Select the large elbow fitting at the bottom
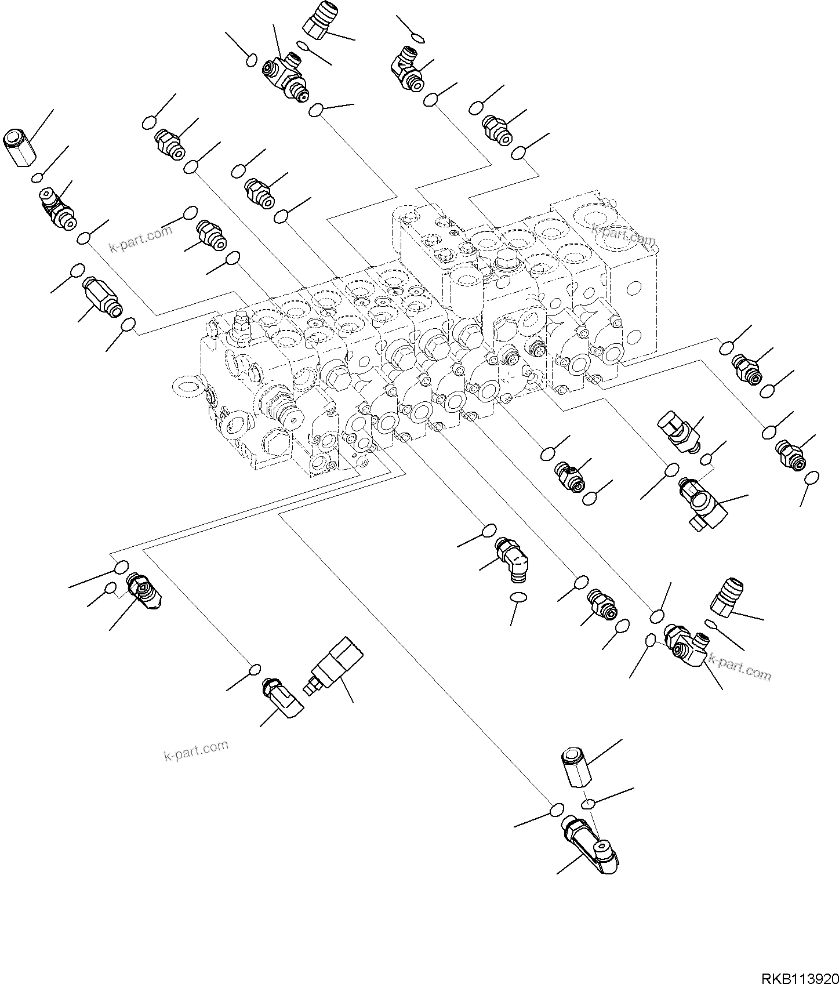(x=591, y=843)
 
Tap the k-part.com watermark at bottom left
(x=196, y=751)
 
